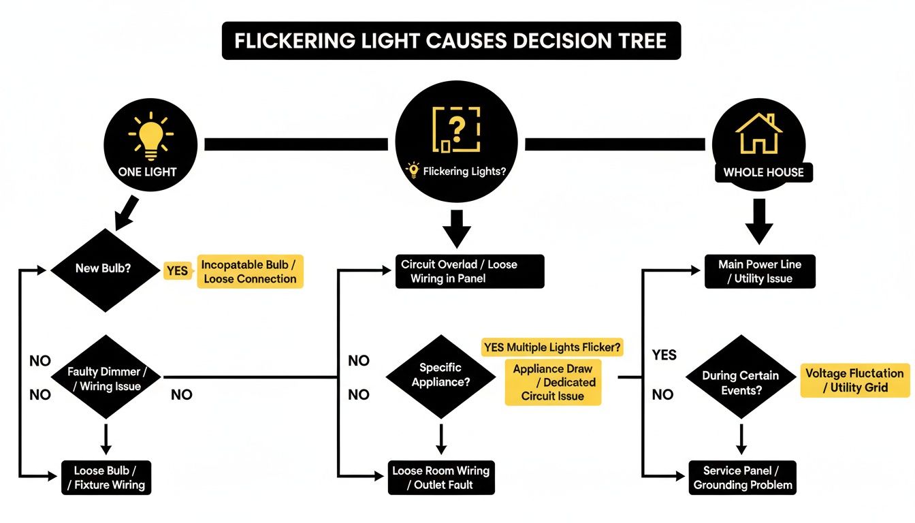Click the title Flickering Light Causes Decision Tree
[x=451, y=41]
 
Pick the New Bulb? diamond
[x=103, y=269]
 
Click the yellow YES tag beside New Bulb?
[x=176, y=271]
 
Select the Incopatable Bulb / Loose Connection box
[x=250, y=272]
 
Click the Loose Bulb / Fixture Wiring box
[x=105, y=478]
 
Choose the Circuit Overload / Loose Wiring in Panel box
[x=469, y=271]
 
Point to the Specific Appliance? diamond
[x=440, y=375]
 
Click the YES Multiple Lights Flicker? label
[x=552, y=347]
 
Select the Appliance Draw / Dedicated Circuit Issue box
[x=553, y=383]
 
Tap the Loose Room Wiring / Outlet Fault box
[x=440, y=478]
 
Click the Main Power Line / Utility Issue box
[x=759, y=271]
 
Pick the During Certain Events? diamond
[x=741, y=383]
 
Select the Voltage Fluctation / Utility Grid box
[x=854, y=381]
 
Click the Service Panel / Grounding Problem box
[x=742, y=478]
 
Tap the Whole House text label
[x=763, y=172]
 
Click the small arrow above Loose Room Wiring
[x=440, y=439]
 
